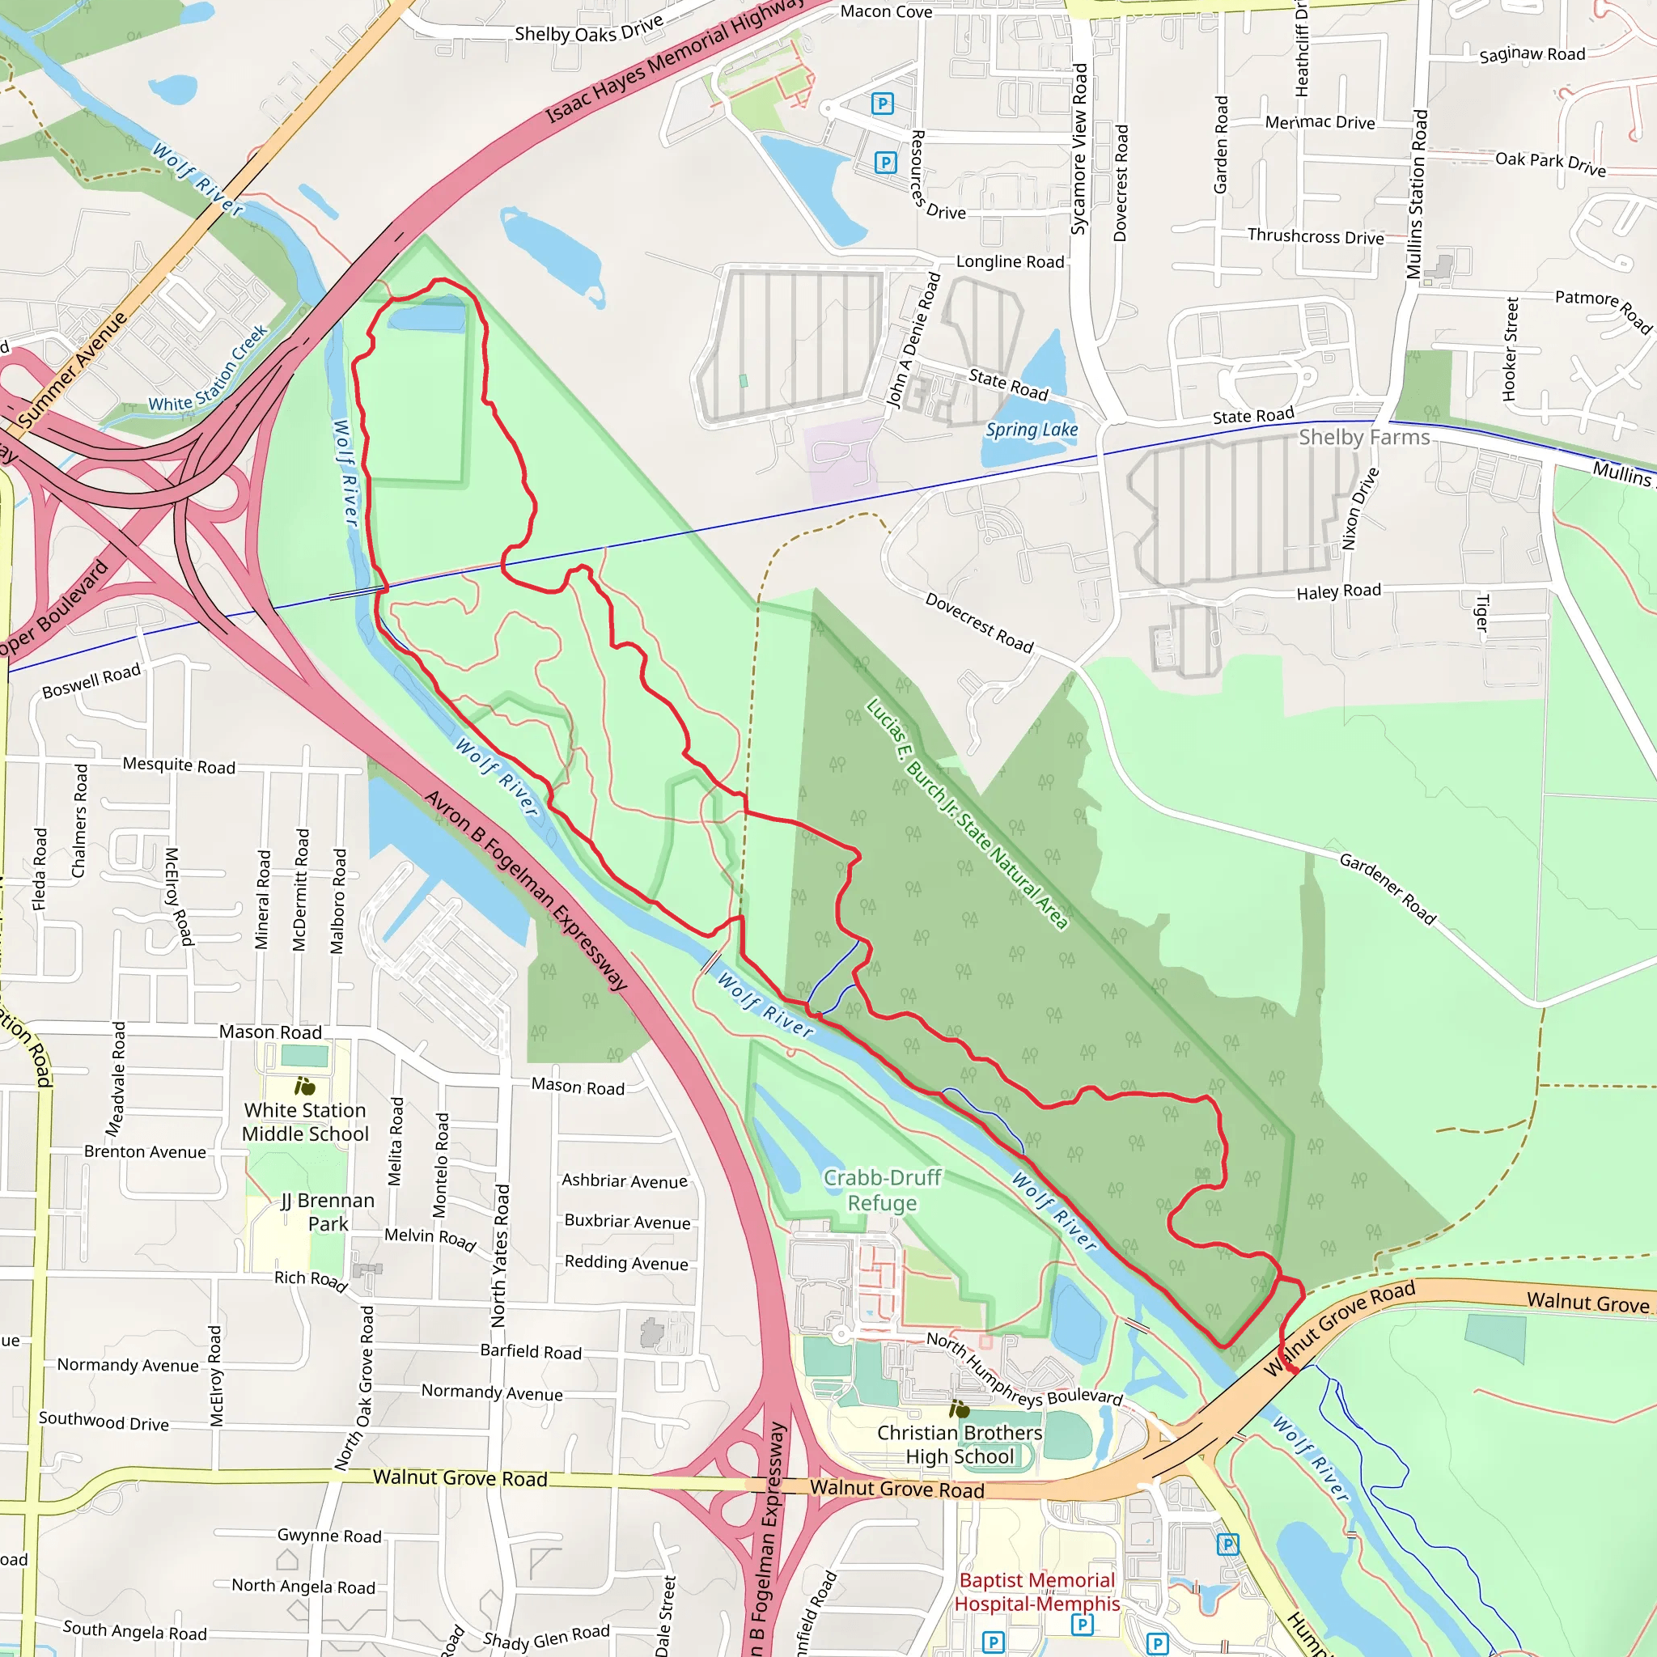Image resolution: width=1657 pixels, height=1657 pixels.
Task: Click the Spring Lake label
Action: click(x=1031, y=430)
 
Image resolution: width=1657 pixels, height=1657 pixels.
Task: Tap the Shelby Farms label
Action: click(x=1363, y=438)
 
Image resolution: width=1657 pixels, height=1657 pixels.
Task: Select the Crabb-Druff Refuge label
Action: click(x=883, y=1190)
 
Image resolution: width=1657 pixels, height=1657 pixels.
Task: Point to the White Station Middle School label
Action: click(x=305, y=1122)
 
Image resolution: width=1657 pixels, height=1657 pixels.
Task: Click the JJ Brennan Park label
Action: click(x=328, y=1212)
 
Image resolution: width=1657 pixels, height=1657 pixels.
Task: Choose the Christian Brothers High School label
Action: click(x=960, y=1444)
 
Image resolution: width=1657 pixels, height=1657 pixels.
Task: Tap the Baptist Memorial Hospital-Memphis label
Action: click(x=1037, y=1591)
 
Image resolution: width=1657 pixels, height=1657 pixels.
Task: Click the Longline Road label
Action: click(x=1010, y=261)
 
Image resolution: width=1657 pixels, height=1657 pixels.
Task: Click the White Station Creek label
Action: click(x=209, y=370)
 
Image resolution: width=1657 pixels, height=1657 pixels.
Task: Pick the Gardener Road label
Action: click(x=1387, y=888)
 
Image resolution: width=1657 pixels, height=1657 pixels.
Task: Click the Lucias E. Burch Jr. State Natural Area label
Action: click(x=967, y=814)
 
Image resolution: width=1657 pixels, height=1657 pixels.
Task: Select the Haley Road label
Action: click(x=1338, y=591)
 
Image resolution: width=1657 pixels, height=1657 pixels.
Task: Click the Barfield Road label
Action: click(x=530, y=1352)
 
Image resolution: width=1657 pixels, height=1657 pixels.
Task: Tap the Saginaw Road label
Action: click(x=1532, y=55)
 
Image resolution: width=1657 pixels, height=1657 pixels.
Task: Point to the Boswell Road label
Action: click(x=91, y=680)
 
